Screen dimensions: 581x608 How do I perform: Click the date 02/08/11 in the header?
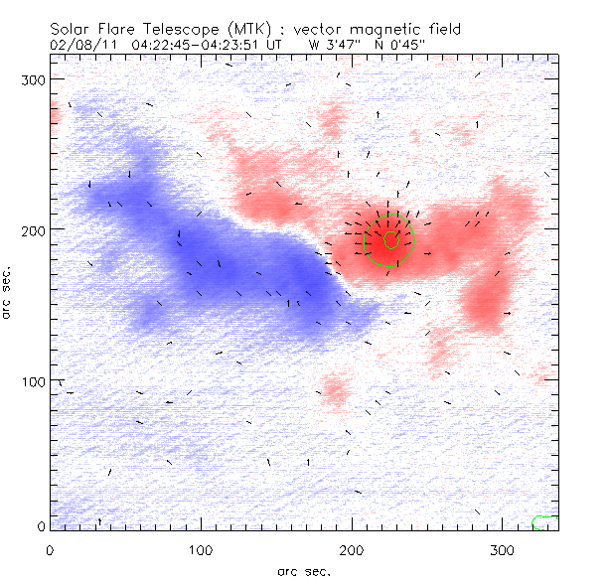[x=79, y=44]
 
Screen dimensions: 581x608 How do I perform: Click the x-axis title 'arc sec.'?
[x=302, y=570]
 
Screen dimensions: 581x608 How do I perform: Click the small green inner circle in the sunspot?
[x=390, y=239]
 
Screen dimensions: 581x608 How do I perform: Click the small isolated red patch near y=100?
[x=335, y=386]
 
